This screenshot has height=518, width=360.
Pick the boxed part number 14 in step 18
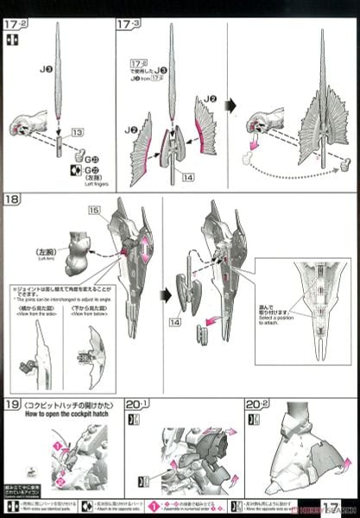pos(176,321)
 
